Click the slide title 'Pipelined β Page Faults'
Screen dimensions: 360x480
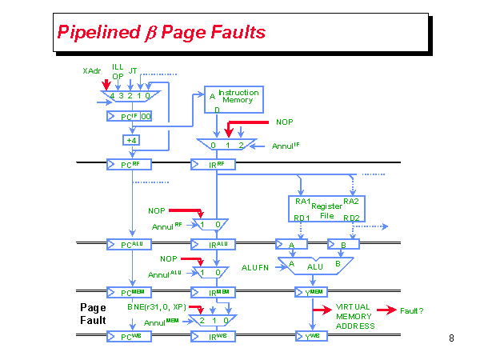[x=161, y=33]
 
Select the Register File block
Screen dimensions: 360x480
[x=326, y=210]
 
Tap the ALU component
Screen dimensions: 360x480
[x=315, y=266]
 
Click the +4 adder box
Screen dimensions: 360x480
[x=130, y=140]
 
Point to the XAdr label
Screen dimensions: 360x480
[x=92, y=71]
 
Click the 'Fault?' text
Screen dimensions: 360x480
[x=412, y=310]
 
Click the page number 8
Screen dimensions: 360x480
[x=451, y=338]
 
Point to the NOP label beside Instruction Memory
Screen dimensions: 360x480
[x=285, y=122]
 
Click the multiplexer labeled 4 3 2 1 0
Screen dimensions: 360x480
[x=130, y=96]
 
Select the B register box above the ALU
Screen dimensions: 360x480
[x=343, y=244]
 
